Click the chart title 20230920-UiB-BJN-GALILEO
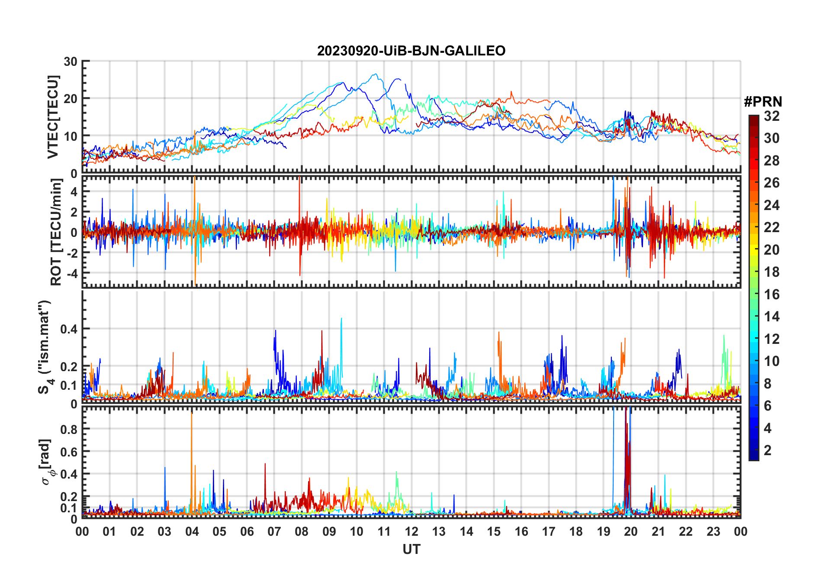(411, 51)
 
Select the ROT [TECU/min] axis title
(56, 232)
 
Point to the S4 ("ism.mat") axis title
(45, 347)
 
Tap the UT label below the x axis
(411, 549)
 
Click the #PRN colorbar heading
(763, 102)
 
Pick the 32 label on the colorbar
(772, 116)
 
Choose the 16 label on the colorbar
(772, 294)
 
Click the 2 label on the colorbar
(768, 450)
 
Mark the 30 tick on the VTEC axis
(71, 61)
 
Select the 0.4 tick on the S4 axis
(68, 329)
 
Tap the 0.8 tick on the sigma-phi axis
(68, 429)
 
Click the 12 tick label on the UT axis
(411, 532)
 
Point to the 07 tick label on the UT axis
(274, 532)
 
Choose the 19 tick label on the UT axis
(603, 532)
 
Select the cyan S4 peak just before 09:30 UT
(341, 320)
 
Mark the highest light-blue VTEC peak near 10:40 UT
(375, 74)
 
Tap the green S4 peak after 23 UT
(723, 337)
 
